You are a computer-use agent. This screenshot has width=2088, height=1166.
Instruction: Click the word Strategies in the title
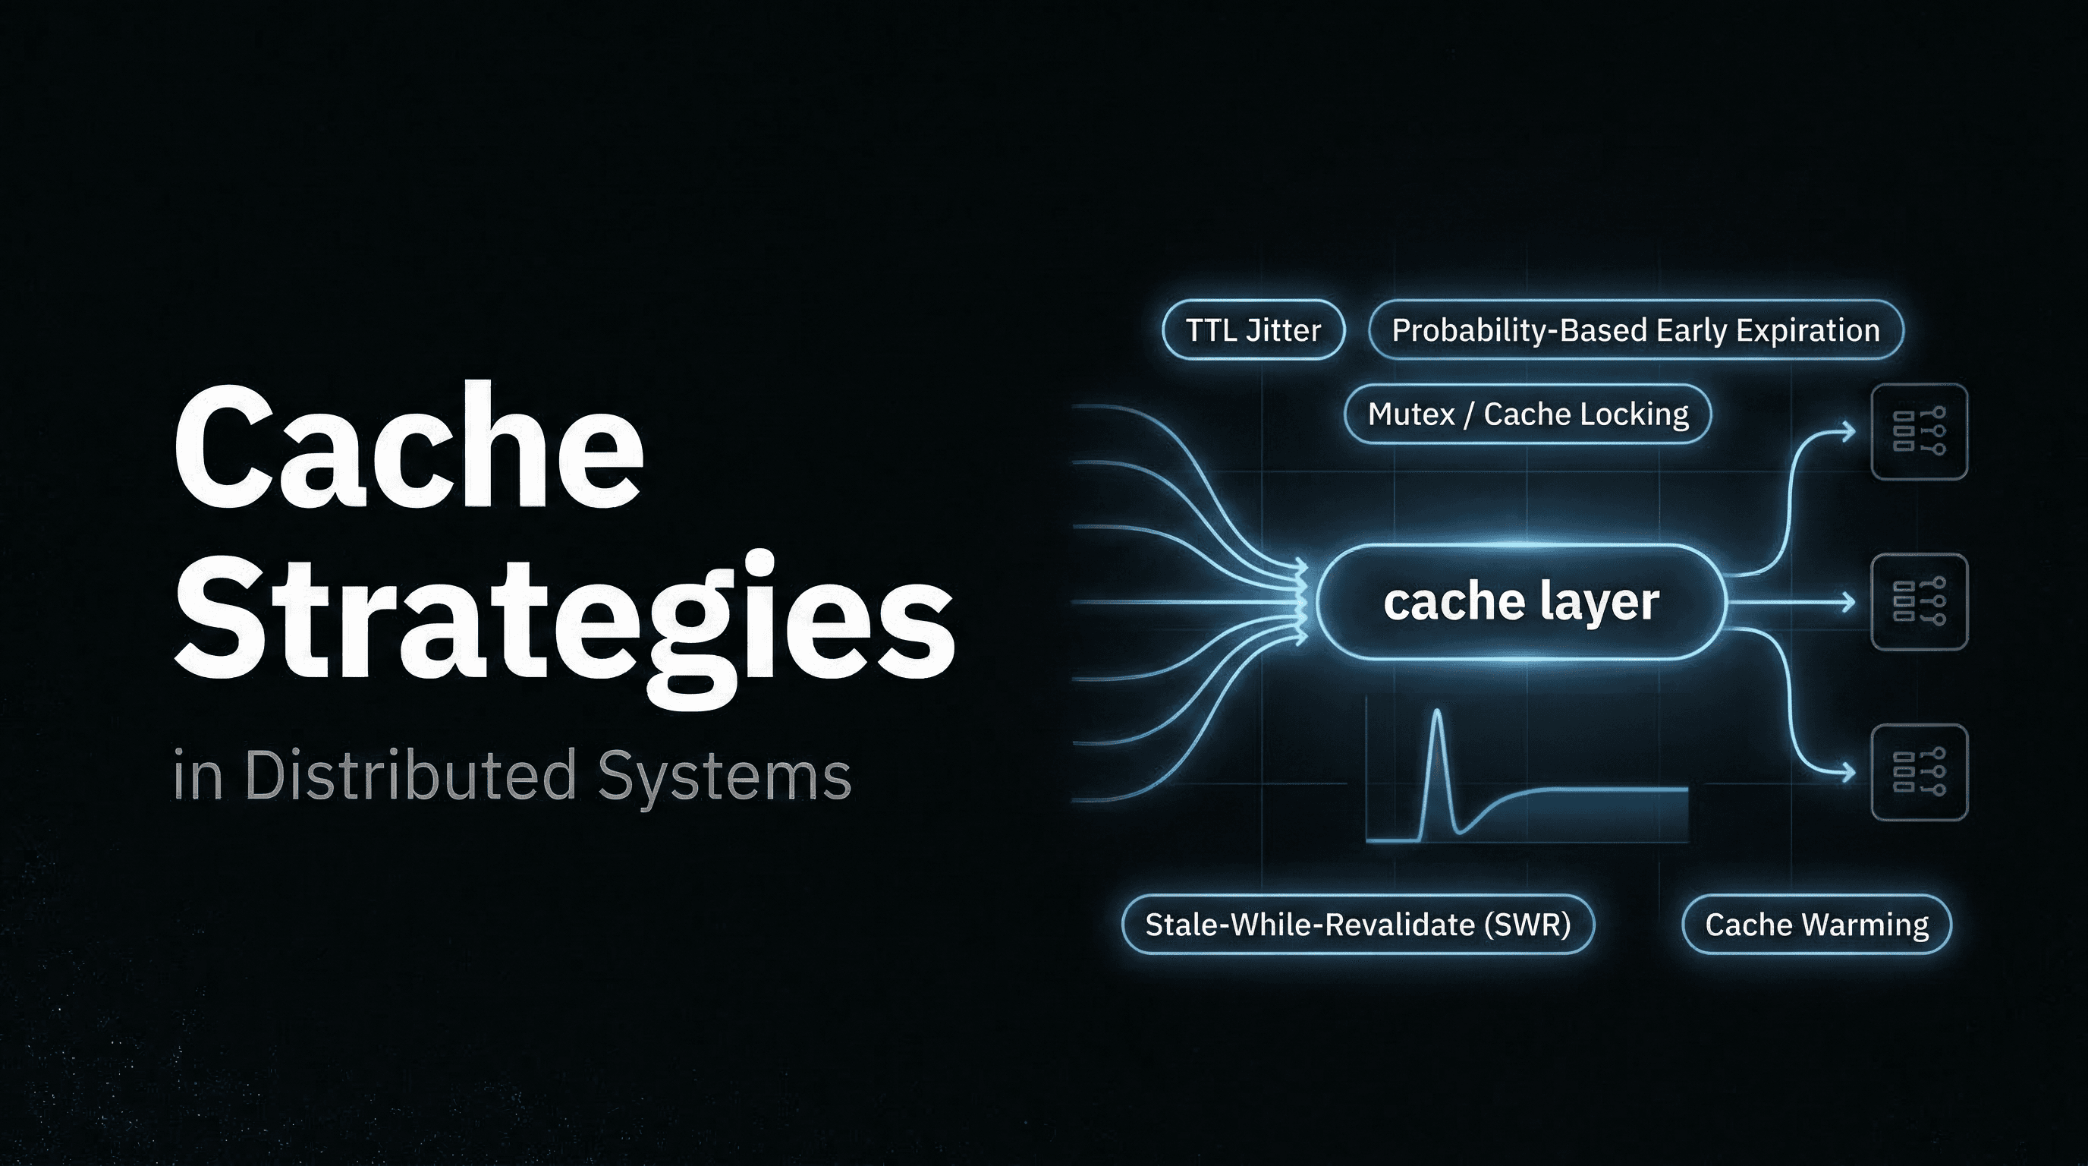coord(564,619)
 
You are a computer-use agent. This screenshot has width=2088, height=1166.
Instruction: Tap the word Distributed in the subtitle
coord(410,775)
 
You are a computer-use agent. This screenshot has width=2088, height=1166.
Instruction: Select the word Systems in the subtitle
coord(725,777)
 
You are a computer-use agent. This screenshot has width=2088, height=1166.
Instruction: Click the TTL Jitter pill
coord(1253,330)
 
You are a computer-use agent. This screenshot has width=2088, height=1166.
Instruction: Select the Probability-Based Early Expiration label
coord(1636,330)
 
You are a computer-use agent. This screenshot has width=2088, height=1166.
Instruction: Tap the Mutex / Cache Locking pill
coord(1528,414)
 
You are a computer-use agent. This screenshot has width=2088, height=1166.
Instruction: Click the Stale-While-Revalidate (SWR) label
coord(1357,925)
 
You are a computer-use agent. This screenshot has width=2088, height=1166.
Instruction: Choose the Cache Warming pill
coord(1816,925)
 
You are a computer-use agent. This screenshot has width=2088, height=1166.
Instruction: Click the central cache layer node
coord(1520,602)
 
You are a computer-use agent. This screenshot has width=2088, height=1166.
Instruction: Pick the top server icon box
coord(1919,432)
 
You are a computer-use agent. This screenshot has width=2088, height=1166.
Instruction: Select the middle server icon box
coord(1919,602)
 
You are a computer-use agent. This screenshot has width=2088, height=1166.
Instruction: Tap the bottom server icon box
coord(1919,772)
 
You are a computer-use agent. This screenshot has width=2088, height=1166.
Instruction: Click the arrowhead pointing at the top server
coord(1849,431)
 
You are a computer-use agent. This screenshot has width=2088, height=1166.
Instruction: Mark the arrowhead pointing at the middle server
coord(1849,602)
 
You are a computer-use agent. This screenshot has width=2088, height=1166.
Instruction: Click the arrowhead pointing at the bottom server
coord(1849,772)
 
